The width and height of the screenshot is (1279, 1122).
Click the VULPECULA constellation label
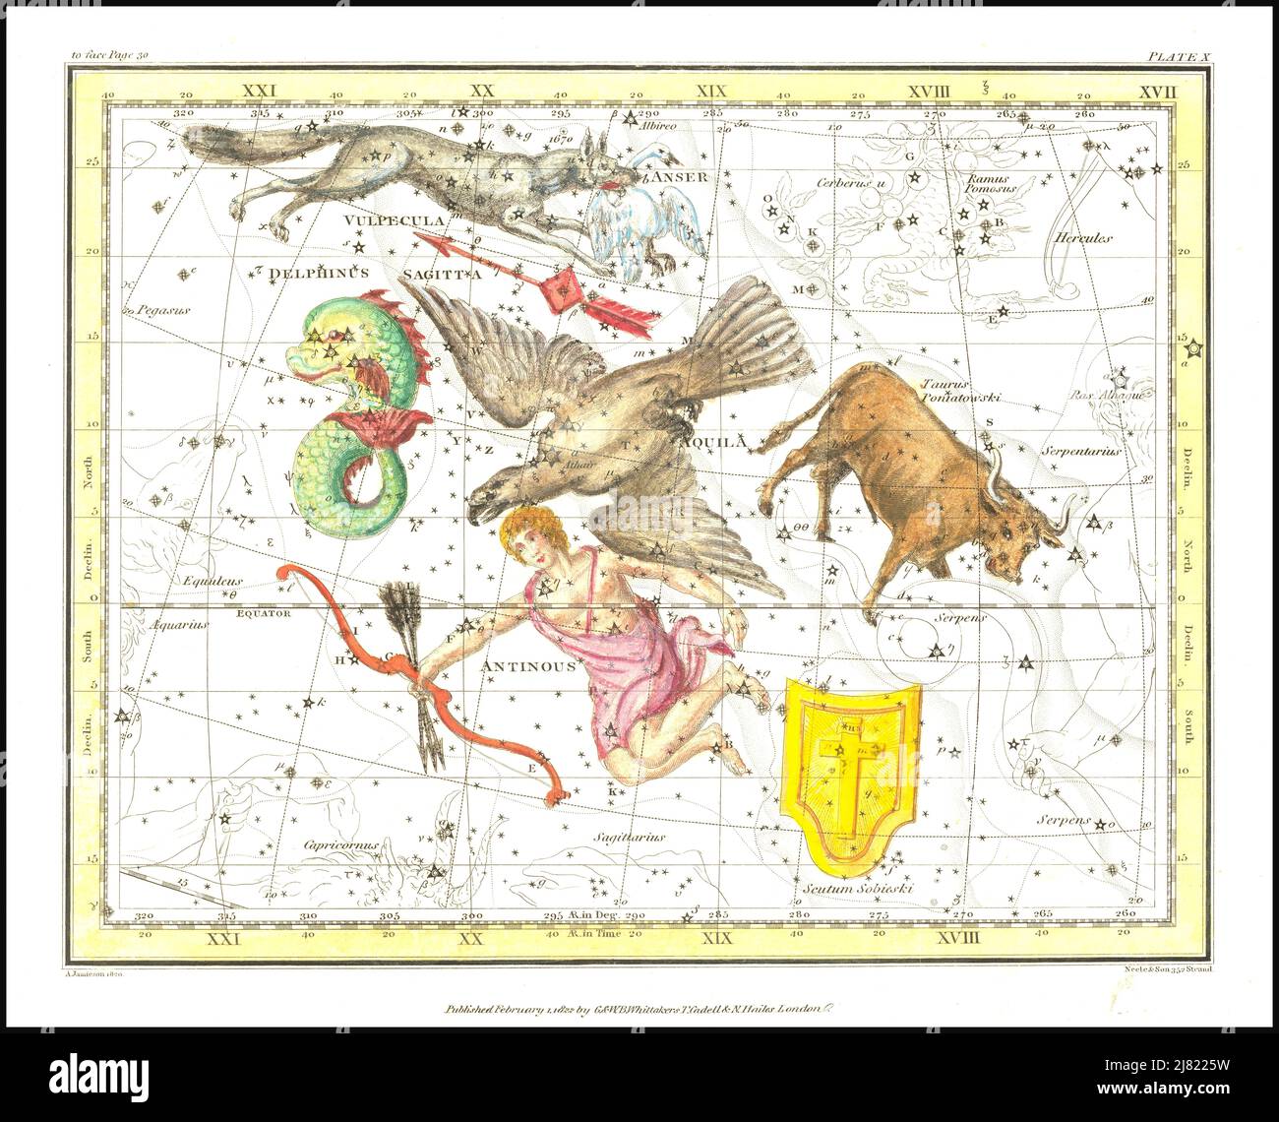pyautogui.click(x=394, y=220)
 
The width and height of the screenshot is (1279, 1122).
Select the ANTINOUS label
pyautogui.click(x=528, y=666)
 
